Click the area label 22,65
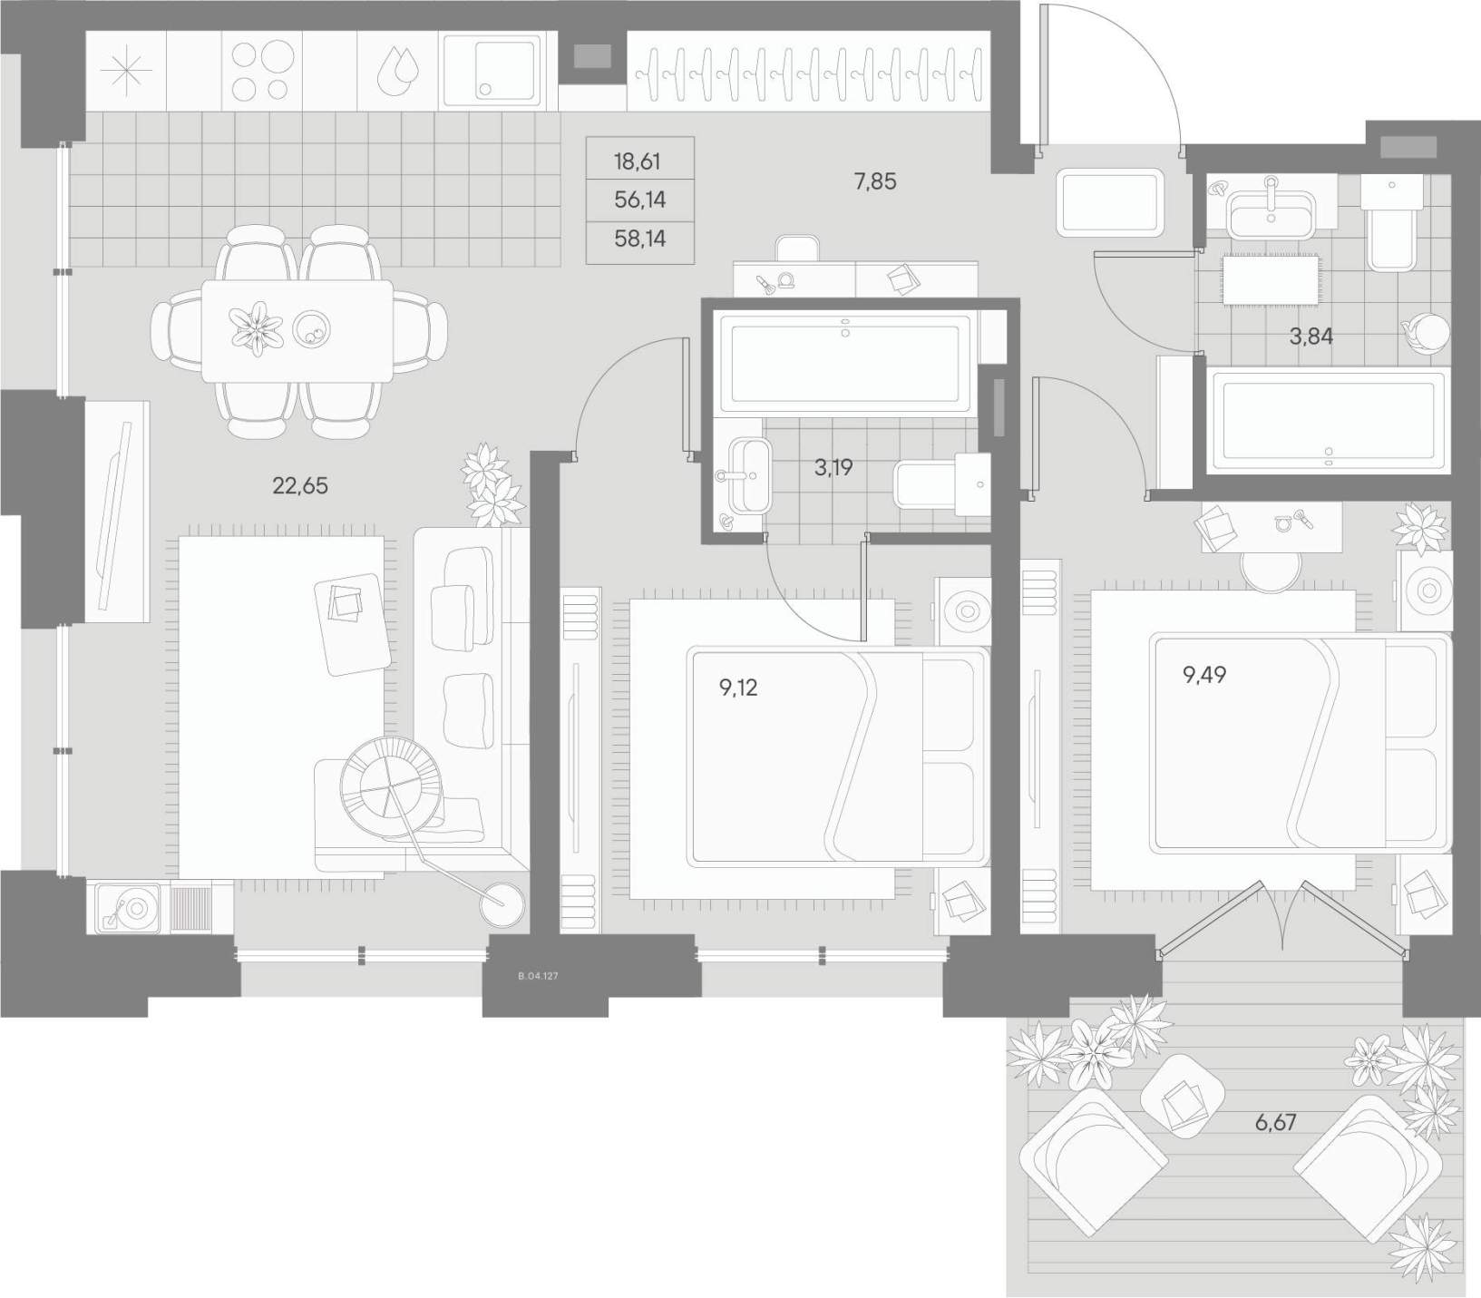(300, 486)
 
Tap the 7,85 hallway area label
(875, 181)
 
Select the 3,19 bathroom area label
(833, 468)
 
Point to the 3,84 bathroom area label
(1311, 337)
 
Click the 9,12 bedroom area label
(738, 688)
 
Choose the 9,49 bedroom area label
(1204, 674)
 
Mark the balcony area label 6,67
(1275, 1122)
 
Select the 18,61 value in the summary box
(638, 162)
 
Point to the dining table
(297, 331)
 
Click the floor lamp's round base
(503, 904)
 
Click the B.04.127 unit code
(537, 976)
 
